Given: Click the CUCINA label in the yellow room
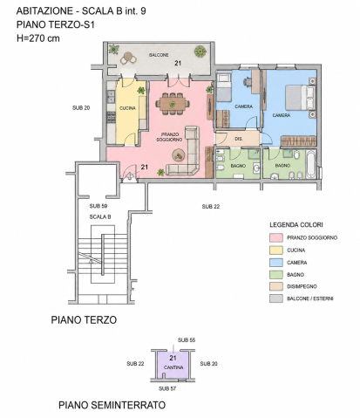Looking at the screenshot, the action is point(127,108).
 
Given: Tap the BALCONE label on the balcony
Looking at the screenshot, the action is point(159,55).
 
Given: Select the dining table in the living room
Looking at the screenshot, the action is point(173,104).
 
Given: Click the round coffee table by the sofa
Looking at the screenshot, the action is point(179,155).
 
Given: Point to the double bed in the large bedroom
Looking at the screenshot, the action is point(300,97).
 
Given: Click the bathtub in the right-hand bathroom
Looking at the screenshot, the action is point(310,164).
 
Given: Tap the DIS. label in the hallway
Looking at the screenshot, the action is point(238,139).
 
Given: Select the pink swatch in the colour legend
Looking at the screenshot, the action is point(276,237).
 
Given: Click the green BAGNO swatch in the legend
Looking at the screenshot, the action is point(276,275).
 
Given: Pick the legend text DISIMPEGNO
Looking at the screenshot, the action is point(302,286).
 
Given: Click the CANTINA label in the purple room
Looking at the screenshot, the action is point(173,367).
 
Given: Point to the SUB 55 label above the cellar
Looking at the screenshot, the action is point(187,339).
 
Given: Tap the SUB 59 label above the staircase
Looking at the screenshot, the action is point(98,206).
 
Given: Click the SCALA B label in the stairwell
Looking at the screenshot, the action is point(100,217).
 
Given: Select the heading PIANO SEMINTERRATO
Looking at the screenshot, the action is point(112,405).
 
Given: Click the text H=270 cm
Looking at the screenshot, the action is point(38,38).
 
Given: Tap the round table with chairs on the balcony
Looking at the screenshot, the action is point(128,58).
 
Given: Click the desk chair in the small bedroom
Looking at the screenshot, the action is point(248,81).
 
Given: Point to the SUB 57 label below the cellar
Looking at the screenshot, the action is point(167,388).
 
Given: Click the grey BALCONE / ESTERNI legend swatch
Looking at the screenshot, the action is point(276,298).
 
